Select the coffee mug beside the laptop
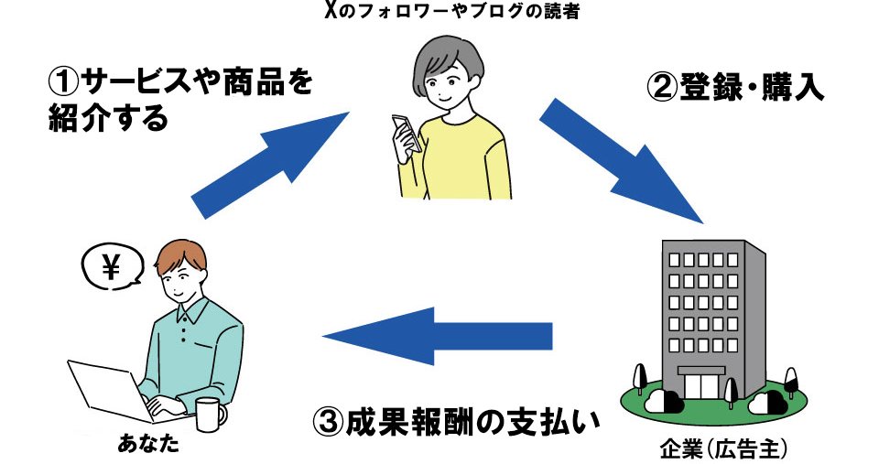(209, 414)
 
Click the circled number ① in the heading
(64, 85)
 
